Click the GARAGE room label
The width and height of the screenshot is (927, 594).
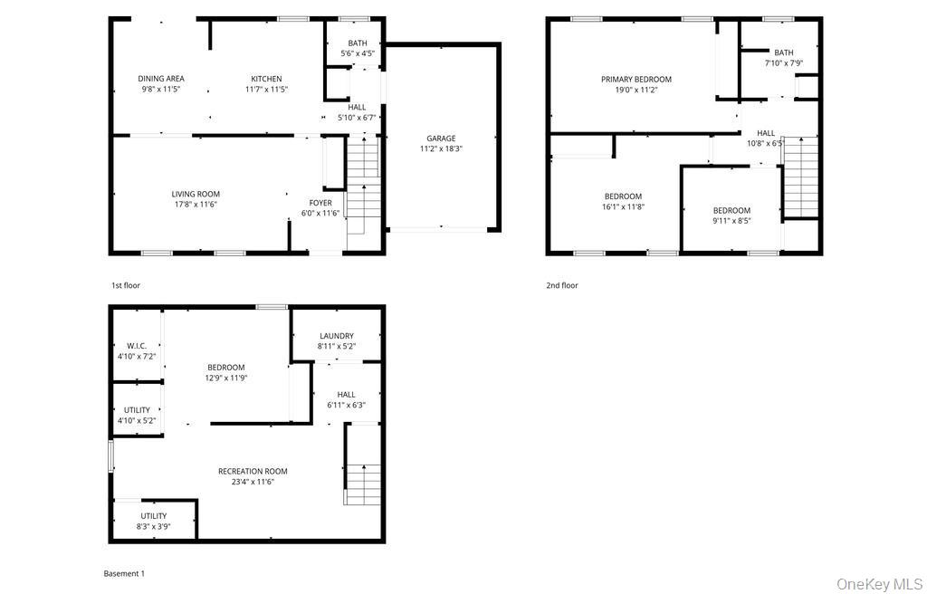[441, 139]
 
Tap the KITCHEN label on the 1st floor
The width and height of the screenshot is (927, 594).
[266, 79]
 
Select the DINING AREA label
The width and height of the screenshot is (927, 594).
[161, 79]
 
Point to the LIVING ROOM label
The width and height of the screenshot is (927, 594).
[196, 194]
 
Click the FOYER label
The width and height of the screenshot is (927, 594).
[320, 203]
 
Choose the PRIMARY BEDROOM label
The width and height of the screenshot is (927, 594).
[636, 80]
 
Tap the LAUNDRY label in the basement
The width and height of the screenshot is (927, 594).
[336, 336]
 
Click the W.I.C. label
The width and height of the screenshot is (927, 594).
[137, 346]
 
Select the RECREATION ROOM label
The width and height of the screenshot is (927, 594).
[253, 471]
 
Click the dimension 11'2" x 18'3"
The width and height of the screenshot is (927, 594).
[441, 149]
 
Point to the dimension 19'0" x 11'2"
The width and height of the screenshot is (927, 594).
[636, 91]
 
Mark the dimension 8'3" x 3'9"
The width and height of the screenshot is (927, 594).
[153, 526]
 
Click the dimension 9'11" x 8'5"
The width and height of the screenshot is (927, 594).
[731, 221]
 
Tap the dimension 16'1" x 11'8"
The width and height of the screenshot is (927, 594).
[623, 207]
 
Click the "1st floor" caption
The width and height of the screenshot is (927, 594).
[126, 285]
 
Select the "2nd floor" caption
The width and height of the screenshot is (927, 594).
[561, 285]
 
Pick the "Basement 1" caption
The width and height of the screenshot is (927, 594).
[124, 573]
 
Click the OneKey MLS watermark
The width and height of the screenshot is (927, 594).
[878, 583]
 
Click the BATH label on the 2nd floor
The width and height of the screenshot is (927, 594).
[783, 53]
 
